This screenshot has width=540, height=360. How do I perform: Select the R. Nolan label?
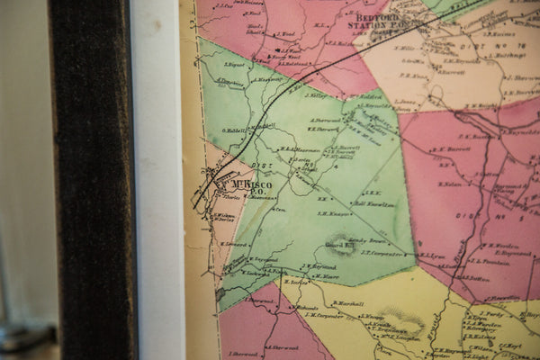pos(450,184)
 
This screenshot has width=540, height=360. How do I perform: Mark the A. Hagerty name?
pos(267,79)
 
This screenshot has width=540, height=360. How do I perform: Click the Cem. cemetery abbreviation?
pos(280,209)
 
